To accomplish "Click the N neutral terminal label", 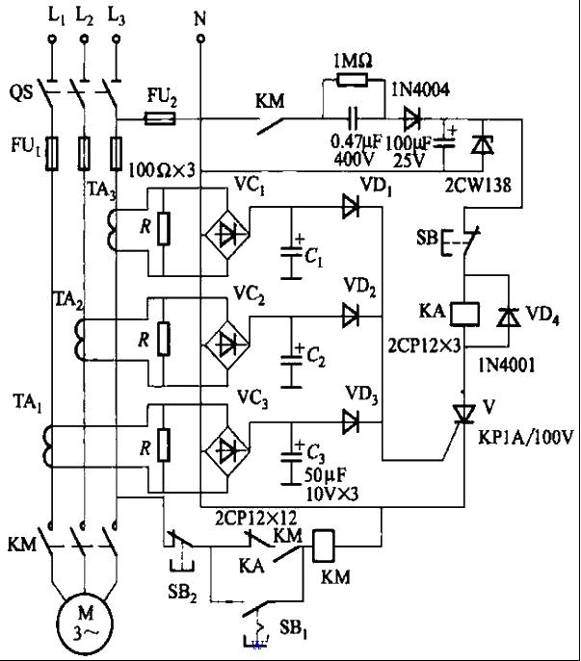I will coord(199,15).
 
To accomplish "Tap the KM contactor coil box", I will coord(324,547).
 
